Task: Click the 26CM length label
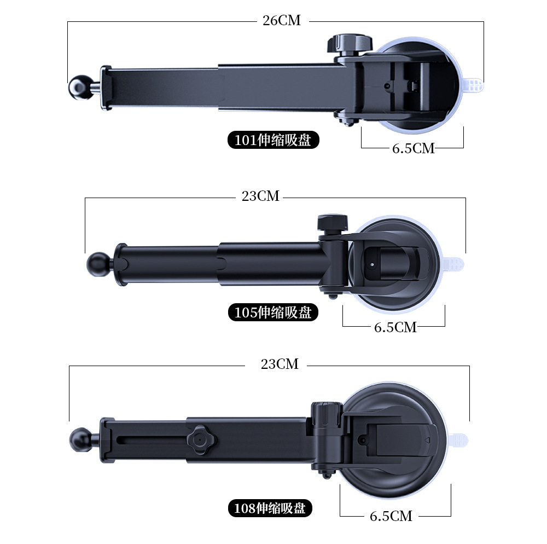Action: coord(282,21)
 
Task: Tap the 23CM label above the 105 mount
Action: coord(260,196)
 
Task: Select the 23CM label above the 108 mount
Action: coord(280,364)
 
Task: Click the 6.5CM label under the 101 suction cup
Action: coord(414,149)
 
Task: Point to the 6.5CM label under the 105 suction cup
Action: coord(395,327)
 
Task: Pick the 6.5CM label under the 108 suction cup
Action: coord(391,516)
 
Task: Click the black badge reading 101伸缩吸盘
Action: coord(273,140)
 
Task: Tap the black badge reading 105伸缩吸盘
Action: coord(273,312)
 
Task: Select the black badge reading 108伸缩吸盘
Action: coord(270,508)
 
